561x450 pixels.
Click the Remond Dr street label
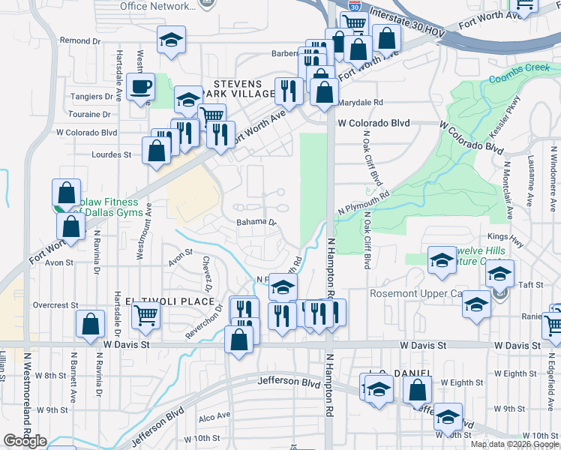(x=80, y=40)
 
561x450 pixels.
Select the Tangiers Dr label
(x=91, y=97)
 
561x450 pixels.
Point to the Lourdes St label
(x=111, y=155)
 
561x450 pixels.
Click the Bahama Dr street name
(x=256, y=223)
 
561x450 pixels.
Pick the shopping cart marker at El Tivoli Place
(x=145, y=316)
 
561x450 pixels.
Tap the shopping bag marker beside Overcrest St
(x=90, y=325)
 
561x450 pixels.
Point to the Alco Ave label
(x=214, y=416)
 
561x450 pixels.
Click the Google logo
(x=25, y=441)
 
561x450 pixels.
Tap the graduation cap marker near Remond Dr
(x=171, y=40)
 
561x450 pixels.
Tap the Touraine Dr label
(x=89, y=115)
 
